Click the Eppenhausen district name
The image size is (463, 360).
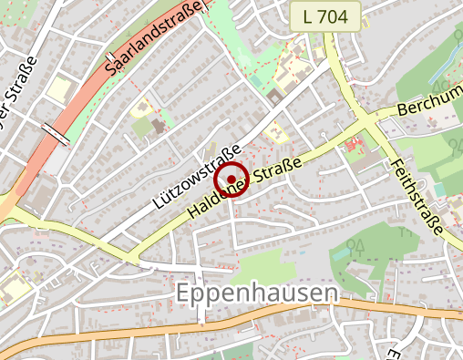tap(254, 293)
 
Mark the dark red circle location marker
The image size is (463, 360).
tap(231, 179)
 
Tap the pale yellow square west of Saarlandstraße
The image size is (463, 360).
tap(59, 89)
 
